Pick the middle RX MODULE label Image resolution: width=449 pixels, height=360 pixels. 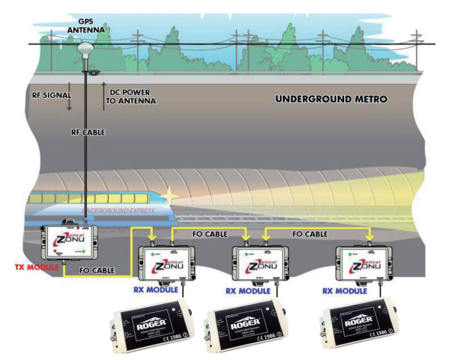(x=252, y=290)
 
